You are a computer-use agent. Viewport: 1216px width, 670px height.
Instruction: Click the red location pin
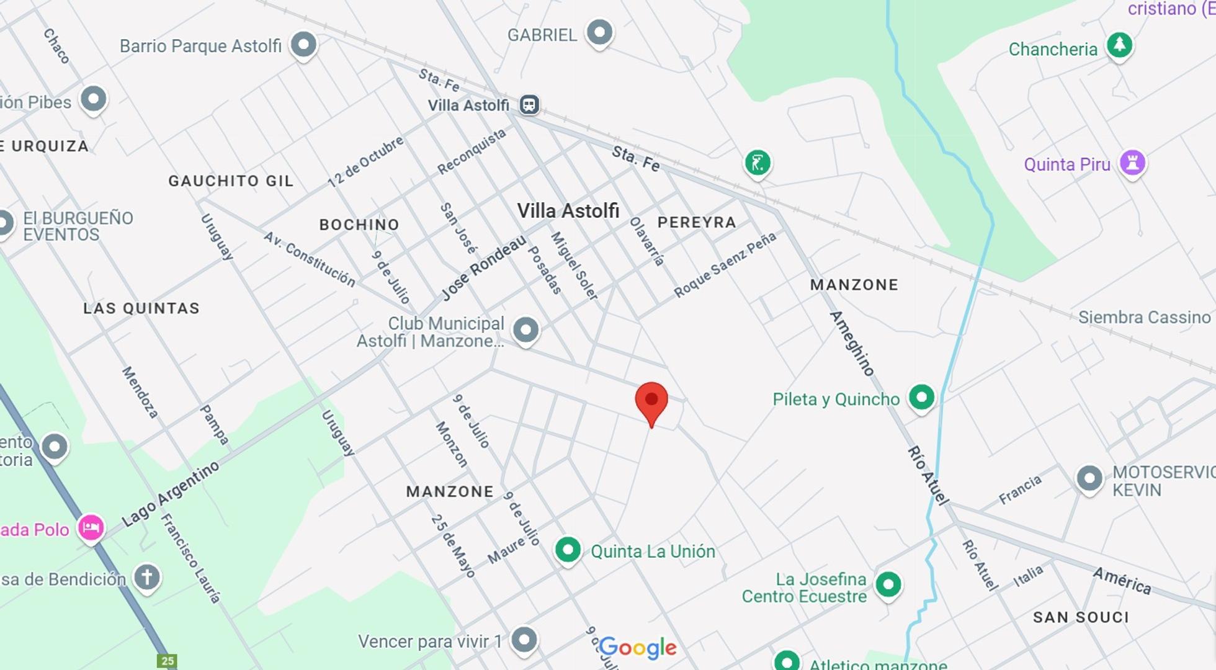[x=651, y=401]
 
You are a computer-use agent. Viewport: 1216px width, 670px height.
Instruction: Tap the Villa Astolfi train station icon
[x=529, y=105]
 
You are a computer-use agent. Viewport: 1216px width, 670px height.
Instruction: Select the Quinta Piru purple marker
[x=1132, y=163]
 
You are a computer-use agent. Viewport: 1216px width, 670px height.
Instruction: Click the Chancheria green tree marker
[x=1119, y=45]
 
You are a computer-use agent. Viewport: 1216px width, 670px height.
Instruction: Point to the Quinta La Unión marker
[x=568, y=550]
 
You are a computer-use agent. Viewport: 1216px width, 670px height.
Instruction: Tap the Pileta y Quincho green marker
[x=921, y=397]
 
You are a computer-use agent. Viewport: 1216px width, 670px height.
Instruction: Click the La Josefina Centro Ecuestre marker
[x=888, y=584]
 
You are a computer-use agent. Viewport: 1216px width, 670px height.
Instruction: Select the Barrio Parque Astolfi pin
[x=303, y=45]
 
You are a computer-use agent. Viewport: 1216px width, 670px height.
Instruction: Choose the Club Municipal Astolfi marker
[x=525, y=330]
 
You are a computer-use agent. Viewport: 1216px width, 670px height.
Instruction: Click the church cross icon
[x=147, y=578]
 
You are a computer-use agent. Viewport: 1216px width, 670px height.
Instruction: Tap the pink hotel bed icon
[x=91, y=528]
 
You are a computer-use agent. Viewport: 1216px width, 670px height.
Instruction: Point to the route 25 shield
[x=168, y=661]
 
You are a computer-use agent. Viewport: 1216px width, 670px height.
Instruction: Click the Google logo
[x=638, y=648]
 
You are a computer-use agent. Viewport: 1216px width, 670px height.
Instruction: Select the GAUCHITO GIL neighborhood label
[x=231, y=181]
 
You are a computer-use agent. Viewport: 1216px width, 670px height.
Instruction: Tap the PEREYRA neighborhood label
[x=697, y=222]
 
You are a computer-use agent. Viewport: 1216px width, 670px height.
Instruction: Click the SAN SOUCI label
[x=1081, y=617]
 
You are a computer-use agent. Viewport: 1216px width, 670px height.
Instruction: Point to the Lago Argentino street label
[x=171, y=494]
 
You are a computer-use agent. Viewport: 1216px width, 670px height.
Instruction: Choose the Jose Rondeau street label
[x=483, y=267]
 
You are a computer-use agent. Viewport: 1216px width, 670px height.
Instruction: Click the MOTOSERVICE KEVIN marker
[x=1089, y=478]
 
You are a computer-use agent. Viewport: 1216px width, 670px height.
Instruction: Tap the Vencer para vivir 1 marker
[x=524, y=640]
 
